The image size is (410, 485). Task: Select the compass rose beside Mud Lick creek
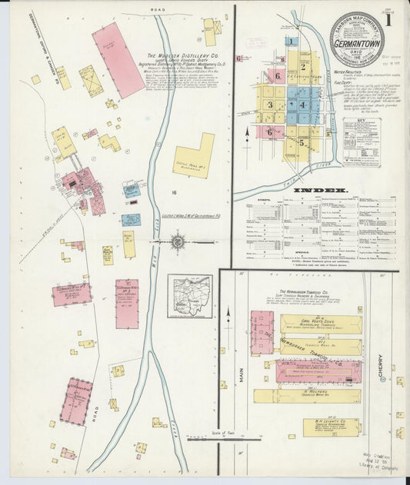(x=177, y=243)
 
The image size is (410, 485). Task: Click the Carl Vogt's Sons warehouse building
(x=321, y=324)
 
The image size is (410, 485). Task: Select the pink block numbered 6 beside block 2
(x=275, y=76)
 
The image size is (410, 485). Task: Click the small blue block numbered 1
(x=292, y=42)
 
